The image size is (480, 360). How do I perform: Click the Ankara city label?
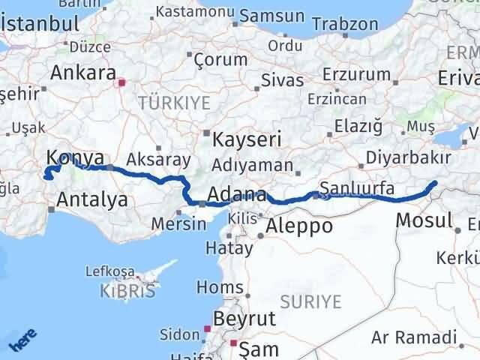point(82,73)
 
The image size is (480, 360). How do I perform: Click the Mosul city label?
point(423,220)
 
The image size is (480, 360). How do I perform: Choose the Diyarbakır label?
point(409,159)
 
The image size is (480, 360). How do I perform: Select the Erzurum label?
point(357,74)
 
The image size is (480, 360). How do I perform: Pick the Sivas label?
point(282,80)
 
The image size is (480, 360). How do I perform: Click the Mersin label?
point(178,223)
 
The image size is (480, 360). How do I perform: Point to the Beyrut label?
point(244,319)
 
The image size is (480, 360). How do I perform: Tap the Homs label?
point(214,286)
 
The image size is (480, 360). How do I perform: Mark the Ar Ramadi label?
point(413,339)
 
